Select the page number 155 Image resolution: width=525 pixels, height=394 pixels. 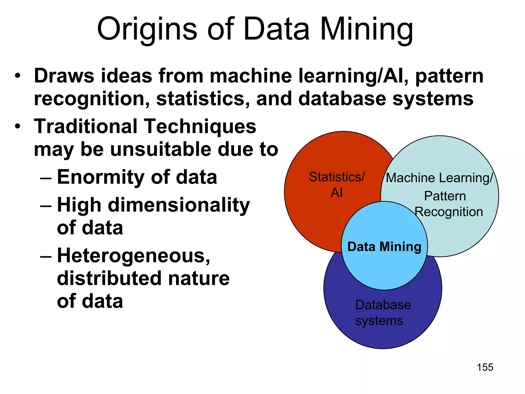(485, 367)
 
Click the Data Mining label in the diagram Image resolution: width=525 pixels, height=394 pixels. (384, 247)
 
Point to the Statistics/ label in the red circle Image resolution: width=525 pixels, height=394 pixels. (337, 177)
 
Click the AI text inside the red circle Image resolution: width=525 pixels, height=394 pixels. (337, 193)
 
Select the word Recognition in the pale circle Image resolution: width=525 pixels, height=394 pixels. (449, 212)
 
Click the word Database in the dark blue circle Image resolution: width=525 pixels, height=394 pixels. (383, 305)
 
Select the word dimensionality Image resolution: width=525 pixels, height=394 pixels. (179, 205)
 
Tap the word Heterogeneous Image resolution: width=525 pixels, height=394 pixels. (133, 256)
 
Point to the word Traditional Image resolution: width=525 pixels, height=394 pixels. (86, 126)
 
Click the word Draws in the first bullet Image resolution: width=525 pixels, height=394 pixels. (64, 76)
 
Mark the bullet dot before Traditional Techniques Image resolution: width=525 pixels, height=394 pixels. (17, 126)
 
